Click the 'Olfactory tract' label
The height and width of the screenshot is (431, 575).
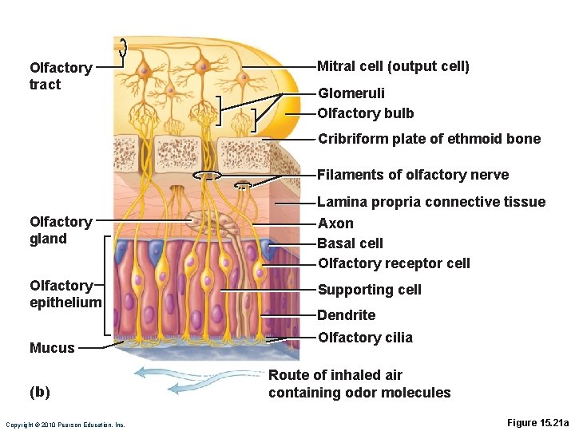(61, 76)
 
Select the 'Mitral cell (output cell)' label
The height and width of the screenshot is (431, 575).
(393, 66)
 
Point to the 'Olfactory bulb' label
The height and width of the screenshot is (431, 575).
(366, 113)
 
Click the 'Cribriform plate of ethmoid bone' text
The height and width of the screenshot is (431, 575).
(429, 139)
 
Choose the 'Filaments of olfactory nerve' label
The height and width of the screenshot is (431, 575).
(413, 175)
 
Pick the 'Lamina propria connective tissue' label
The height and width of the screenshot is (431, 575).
(431, 202)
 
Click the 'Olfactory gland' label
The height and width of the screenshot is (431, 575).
(61, 230)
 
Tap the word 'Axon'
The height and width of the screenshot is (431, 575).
(335, 223)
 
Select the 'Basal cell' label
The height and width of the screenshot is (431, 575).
(351, 243)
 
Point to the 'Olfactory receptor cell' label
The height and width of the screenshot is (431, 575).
(394, 263)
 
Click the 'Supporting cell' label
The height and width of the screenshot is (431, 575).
(369, 290)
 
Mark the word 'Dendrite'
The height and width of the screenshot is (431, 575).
(347, 315)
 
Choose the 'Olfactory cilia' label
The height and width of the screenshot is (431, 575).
(365, 338)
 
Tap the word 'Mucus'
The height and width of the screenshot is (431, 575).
(52, 348)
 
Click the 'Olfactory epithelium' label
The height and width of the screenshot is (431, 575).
(65, 294)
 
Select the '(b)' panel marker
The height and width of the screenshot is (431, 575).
(39, 392)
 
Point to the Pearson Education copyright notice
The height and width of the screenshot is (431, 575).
(65, 425)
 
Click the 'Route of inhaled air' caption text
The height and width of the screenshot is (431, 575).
(335, 375)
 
